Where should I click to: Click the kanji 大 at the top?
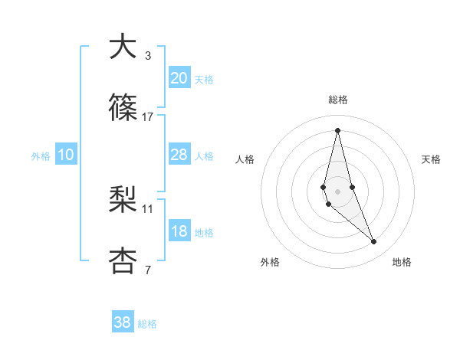123,47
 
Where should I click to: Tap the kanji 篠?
123,109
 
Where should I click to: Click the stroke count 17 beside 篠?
148,117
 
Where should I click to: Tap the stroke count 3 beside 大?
148,55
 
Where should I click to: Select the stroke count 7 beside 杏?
148,270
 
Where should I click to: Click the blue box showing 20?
179,78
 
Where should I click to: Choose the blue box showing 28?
179,155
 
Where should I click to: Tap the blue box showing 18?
179,231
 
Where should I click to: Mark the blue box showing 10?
66,155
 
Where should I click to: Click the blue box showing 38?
123,322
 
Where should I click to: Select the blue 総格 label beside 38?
147,324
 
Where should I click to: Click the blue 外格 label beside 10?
41,156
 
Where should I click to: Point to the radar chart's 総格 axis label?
338,100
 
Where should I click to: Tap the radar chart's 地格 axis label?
402,262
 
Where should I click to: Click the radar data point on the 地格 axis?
374,242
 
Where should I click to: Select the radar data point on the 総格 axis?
338,129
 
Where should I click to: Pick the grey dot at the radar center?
338,191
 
